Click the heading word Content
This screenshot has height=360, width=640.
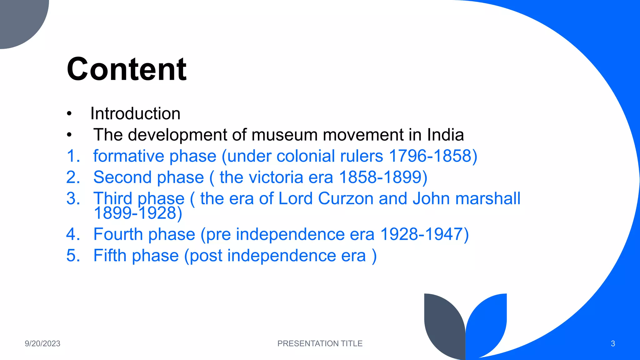tap(127, 69)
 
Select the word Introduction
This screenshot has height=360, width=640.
tap(135, 113)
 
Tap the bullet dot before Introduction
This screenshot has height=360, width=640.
tap(69, 114)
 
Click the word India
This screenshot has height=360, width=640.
tap(445, 135)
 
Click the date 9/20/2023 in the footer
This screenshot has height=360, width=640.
tap(42, 343)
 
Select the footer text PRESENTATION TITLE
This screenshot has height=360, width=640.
tap(320, 343)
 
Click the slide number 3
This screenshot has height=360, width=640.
tap(613, 344)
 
